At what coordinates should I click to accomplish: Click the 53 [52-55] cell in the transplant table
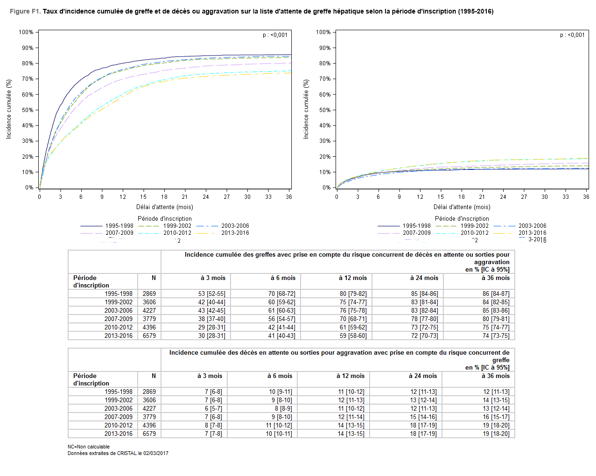(211, 294)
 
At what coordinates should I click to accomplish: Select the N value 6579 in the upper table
(149, 336)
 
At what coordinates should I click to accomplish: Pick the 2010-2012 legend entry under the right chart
(474, 233)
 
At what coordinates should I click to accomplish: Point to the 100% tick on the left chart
(26, 32)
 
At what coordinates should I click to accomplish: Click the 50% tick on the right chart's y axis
(324, 110)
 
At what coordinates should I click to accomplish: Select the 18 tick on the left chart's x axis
(164, 197)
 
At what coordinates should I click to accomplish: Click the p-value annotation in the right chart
(572, 35)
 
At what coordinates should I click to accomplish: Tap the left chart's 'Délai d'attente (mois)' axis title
(165, 207)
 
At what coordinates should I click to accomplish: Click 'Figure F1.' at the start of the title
(25, 11)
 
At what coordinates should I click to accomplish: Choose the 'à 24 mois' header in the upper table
(424, 278)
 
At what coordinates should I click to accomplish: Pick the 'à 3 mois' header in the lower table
(210, 376)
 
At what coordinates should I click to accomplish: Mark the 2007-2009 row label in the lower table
(119, 417)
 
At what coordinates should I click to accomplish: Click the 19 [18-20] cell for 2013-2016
(496, 434)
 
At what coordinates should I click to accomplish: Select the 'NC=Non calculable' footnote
(89, 447)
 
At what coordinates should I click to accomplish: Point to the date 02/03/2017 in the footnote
(156, 454)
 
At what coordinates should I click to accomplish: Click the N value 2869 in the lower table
(149, 392)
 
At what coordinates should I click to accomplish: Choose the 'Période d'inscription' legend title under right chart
(462, 219)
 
